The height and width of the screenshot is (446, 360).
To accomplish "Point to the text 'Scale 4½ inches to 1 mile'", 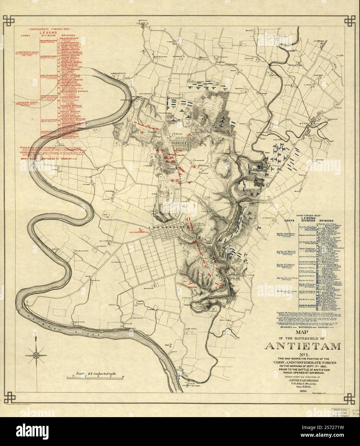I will [x=93, y=374].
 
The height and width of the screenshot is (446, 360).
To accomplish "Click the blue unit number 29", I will [x=259, y=227].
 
